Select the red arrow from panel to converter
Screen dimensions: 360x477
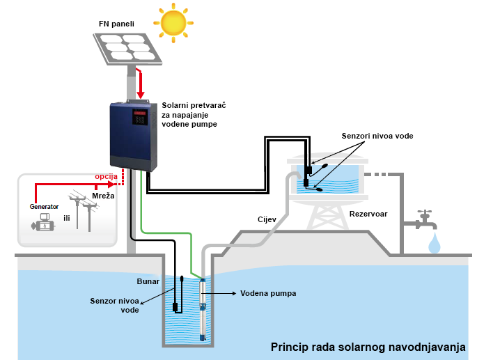(x=141, y=85)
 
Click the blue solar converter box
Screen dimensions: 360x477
(x=134, y=136)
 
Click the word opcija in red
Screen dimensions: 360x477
(x=106, y=177)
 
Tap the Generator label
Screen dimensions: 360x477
(x=44, y=206)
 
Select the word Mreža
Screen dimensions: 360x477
(x=103, y=196)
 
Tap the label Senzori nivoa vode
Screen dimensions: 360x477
(x=377, y=136)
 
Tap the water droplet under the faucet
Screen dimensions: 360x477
(x=435, y=243)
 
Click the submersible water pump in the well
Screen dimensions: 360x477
(x=203, y=306)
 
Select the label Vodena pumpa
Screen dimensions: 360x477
(x=269, y=294)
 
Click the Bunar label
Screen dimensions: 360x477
(x=148, y=282)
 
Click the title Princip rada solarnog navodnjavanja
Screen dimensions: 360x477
(x=368, y=347)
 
